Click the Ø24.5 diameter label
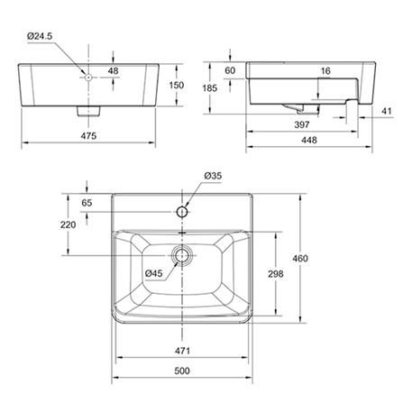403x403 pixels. tap(40, 36)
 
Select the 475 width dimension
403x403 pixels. tap(88, 136)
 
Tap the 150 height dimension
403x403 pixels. tap(177, 85)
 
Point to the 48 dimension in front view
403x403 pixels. tap(113, 71)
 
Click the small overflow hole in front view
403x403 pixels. tap(88, 78)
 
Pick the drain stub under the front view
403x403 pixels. tap(88, 111)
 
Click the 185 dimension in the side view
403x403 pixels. tap(209, 88)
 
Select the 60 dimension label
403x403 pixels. tap(230, 70)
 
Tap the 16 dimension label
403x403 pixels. tap(325, 71)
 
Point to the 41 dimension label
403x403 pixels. tap(387, 111)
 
